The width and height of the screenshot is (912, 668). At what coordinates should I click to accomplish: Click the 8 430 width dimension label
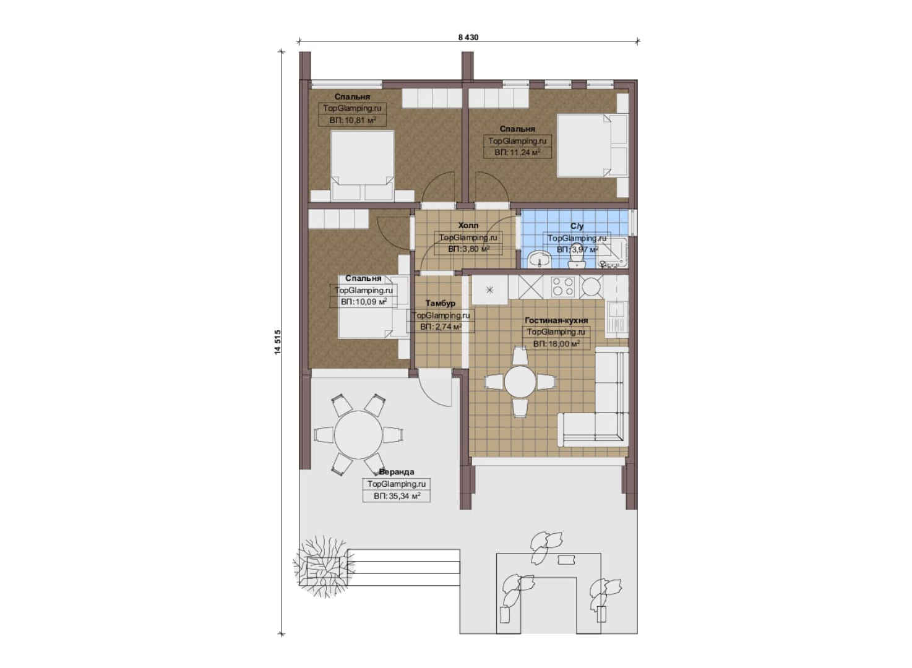(x=468, y=37)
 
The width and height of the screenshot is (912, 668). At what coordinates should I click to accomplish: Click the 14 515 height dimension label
(x=278, y=342)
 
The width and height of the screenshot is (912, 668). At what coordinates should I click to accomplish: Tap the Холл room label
(x=468, y=225)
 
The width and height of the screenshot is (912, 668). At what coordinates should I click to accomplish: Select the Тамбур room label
(x=440, y=303)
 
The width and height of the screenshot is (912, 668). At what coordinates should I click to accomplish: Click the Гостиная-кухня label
(x=556, y=320)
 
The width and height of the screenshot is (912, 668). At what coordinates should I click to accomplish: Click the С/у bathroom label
(x=577, y=226)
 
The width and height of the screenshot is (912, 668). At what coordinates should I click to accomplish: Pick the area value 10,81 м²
(x=352, y=120)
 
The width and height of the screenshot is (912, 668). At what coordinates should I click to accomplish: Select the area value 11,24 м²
(x=517, y=153)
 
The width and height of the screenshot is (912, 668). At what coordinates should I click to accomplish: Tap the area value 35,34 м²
(x=397, y=496)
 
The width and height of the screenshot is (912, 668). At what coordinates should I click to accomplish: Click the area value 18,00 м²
(x=556, y=344)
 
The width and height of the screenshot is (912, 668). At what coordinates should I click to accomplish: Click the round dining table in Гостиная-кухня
(x=520, y=382)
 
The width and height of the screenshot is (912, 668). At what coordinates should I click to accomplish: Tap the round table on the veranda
(x=358, y=434)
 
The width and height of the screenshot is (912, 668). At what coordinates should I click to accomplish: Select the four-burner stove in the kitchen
(x=562, y=286)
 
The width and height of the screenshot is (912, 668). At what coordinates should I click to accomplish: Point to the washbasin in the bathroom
(x=540, y=259)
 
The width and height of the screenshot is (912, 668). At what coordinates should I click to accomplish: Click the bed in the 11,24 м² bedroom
(x=592, y=145)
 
